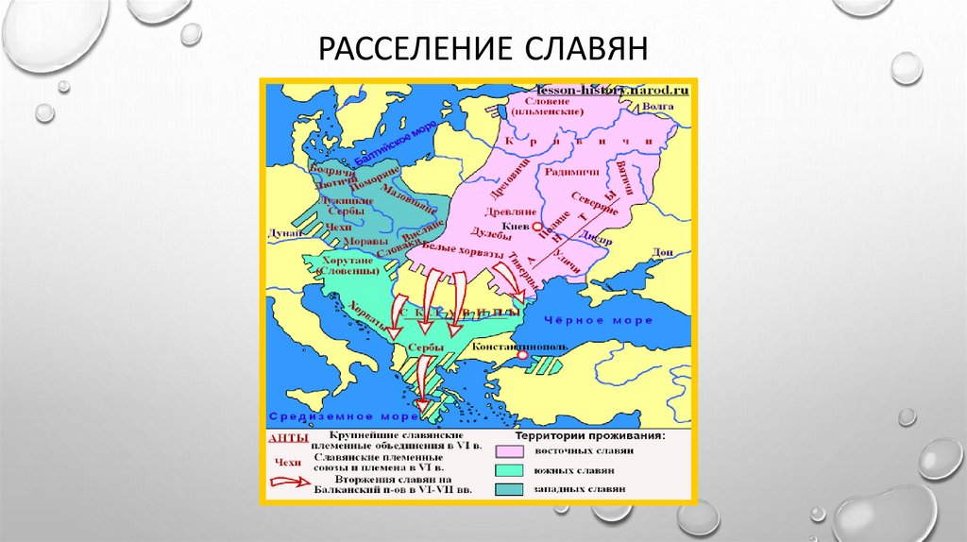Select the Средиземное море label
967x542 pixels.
coord(314,416)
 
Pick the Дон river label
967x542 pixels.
coord(663,251)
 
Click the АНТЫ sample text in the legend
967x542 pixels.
coord(283,437)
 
